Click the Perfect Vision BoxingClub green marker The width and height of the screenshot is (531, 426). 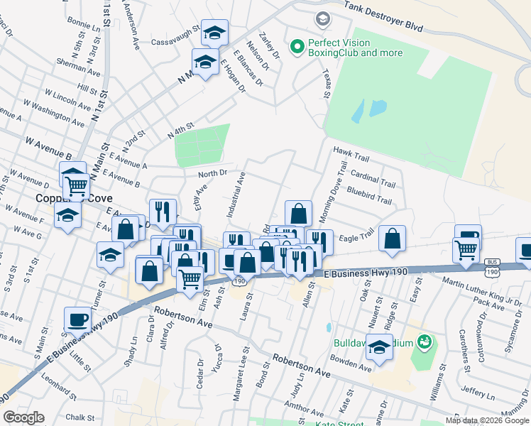(297, 48)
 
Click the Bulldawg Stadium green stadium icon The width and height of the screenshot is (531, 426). (425, 342)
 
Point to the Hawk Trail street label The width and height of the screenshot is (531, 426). (351, 152)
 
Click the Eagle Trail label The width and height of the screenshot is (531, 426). (356, 238)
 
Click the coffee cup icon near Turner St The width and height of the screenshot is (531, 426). (77, 319)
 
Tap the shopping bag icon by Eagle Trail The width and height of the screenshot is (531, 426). (392, 239)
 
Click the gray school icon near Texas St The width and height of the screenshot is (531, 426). (322, 18)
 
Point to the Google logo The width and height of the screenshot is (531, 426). (23, 417)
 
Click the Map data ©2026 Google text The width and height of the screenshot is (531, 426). (487, 420)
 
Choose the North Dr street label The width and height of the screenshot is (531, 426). (212, 173)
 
